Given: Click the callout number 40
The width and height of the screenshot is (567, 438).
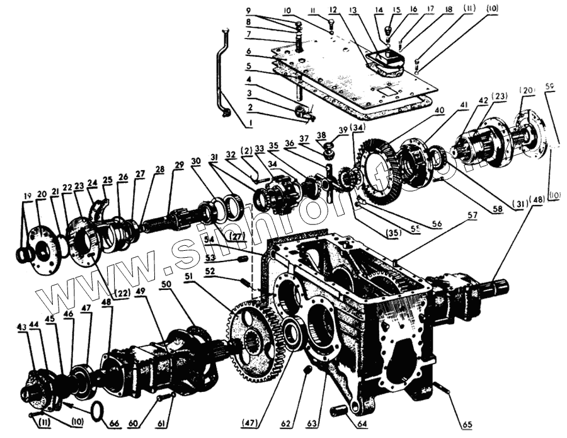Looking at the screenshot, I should (439, 109).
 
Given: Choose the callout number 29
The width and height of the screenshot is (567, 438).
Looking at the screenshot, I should (180, 164).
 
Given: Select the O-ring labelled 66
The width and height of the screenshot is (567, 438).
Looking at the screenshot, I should (96, 412).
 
